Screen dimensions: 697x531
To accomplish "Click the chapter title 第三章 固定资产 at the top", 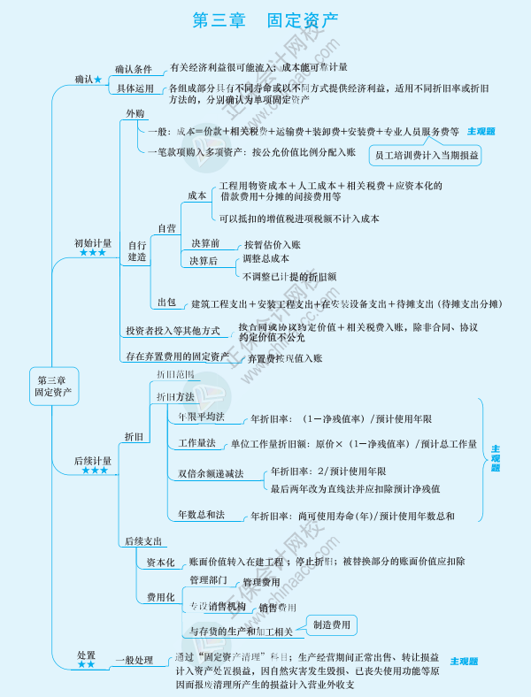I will point(265,19).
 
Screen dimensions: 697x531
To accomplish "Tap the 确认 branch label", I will point(84,80).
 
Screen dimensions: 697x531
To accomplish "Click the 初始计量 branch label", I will point(93,242).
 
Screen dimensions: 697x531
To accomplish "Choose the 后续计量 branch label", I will point(93,460).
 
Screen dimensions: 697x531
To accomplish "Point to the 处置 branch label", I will point(86,655).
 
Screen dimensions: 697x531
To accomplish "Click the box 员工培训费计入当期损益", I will point(427,155).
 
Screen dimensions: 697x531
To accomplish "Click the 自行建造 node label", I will point(137,250).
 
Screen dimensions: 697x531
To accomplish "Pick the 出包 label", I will point(166,303).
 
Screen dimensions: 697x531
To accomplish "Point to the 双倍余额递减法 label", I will point(210,473).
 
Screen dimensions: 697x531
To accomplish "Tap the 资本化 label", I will point(160,562).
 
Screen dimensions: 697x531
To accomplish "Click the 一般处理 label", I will point(134,660).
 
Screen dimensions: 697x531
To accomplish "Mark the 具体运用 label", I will point(134,88).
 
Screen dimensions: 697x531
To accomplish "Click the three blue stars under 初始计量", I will point(93,253).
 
